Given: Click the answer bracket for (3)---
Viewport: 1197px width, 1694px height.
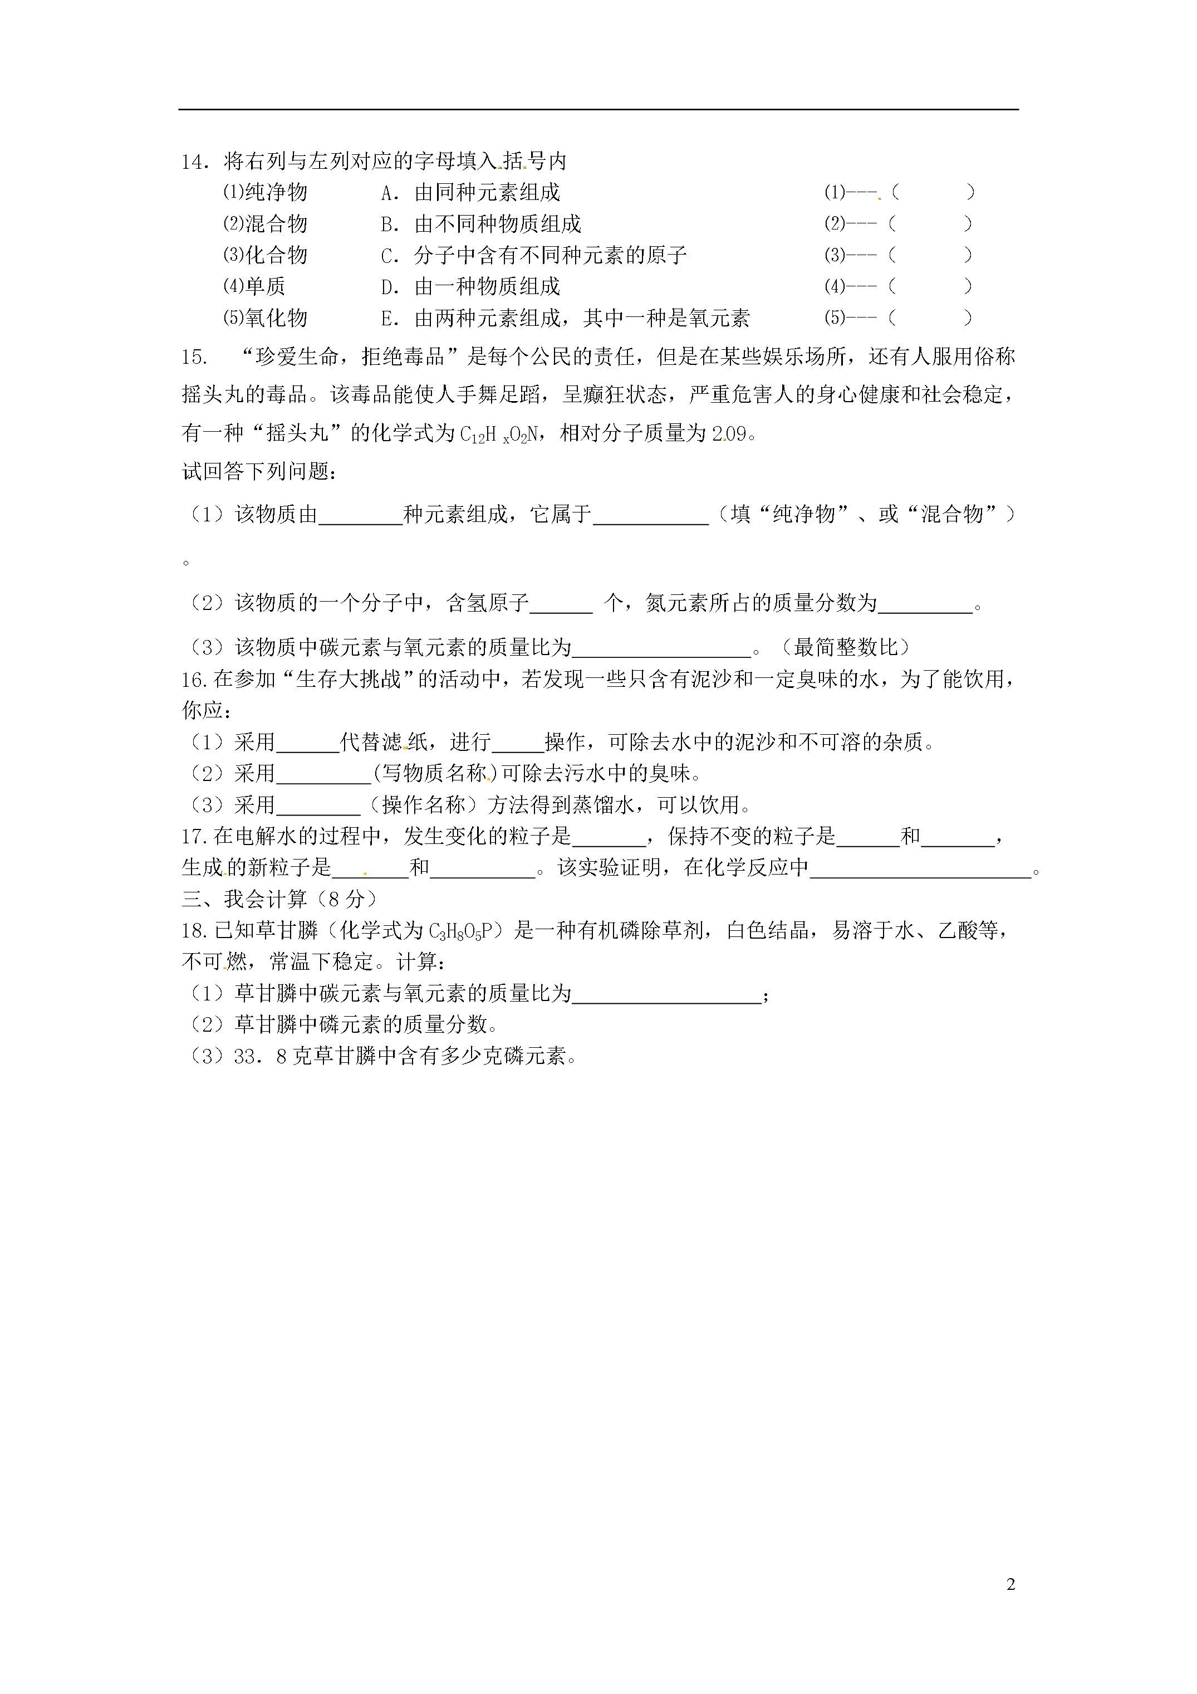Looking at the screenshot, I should (930, 255).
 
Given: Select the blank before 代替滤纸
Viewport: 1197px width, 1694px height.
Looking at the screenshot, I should (307, 742).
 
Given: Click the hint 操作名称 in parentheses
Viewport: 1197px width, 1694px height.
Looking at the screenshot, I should (423, 805).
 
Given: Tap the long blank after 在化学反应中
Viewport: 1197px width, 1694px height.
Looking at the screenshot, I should (920, 868).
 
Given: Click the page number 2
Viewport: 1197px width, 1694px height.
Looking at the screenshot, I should (1010, 1585).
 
